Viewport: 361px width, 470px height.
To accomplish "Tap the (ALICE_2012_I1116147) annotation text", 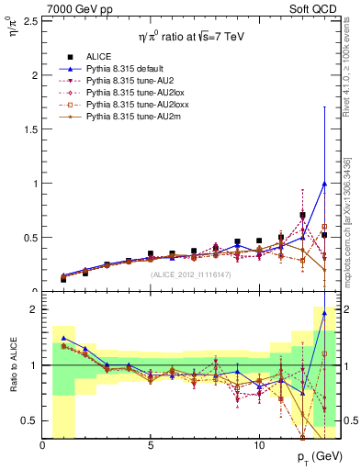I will [190, 274].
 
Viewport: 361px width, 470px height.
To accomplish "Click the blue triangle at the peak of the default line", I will [324, 183].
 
